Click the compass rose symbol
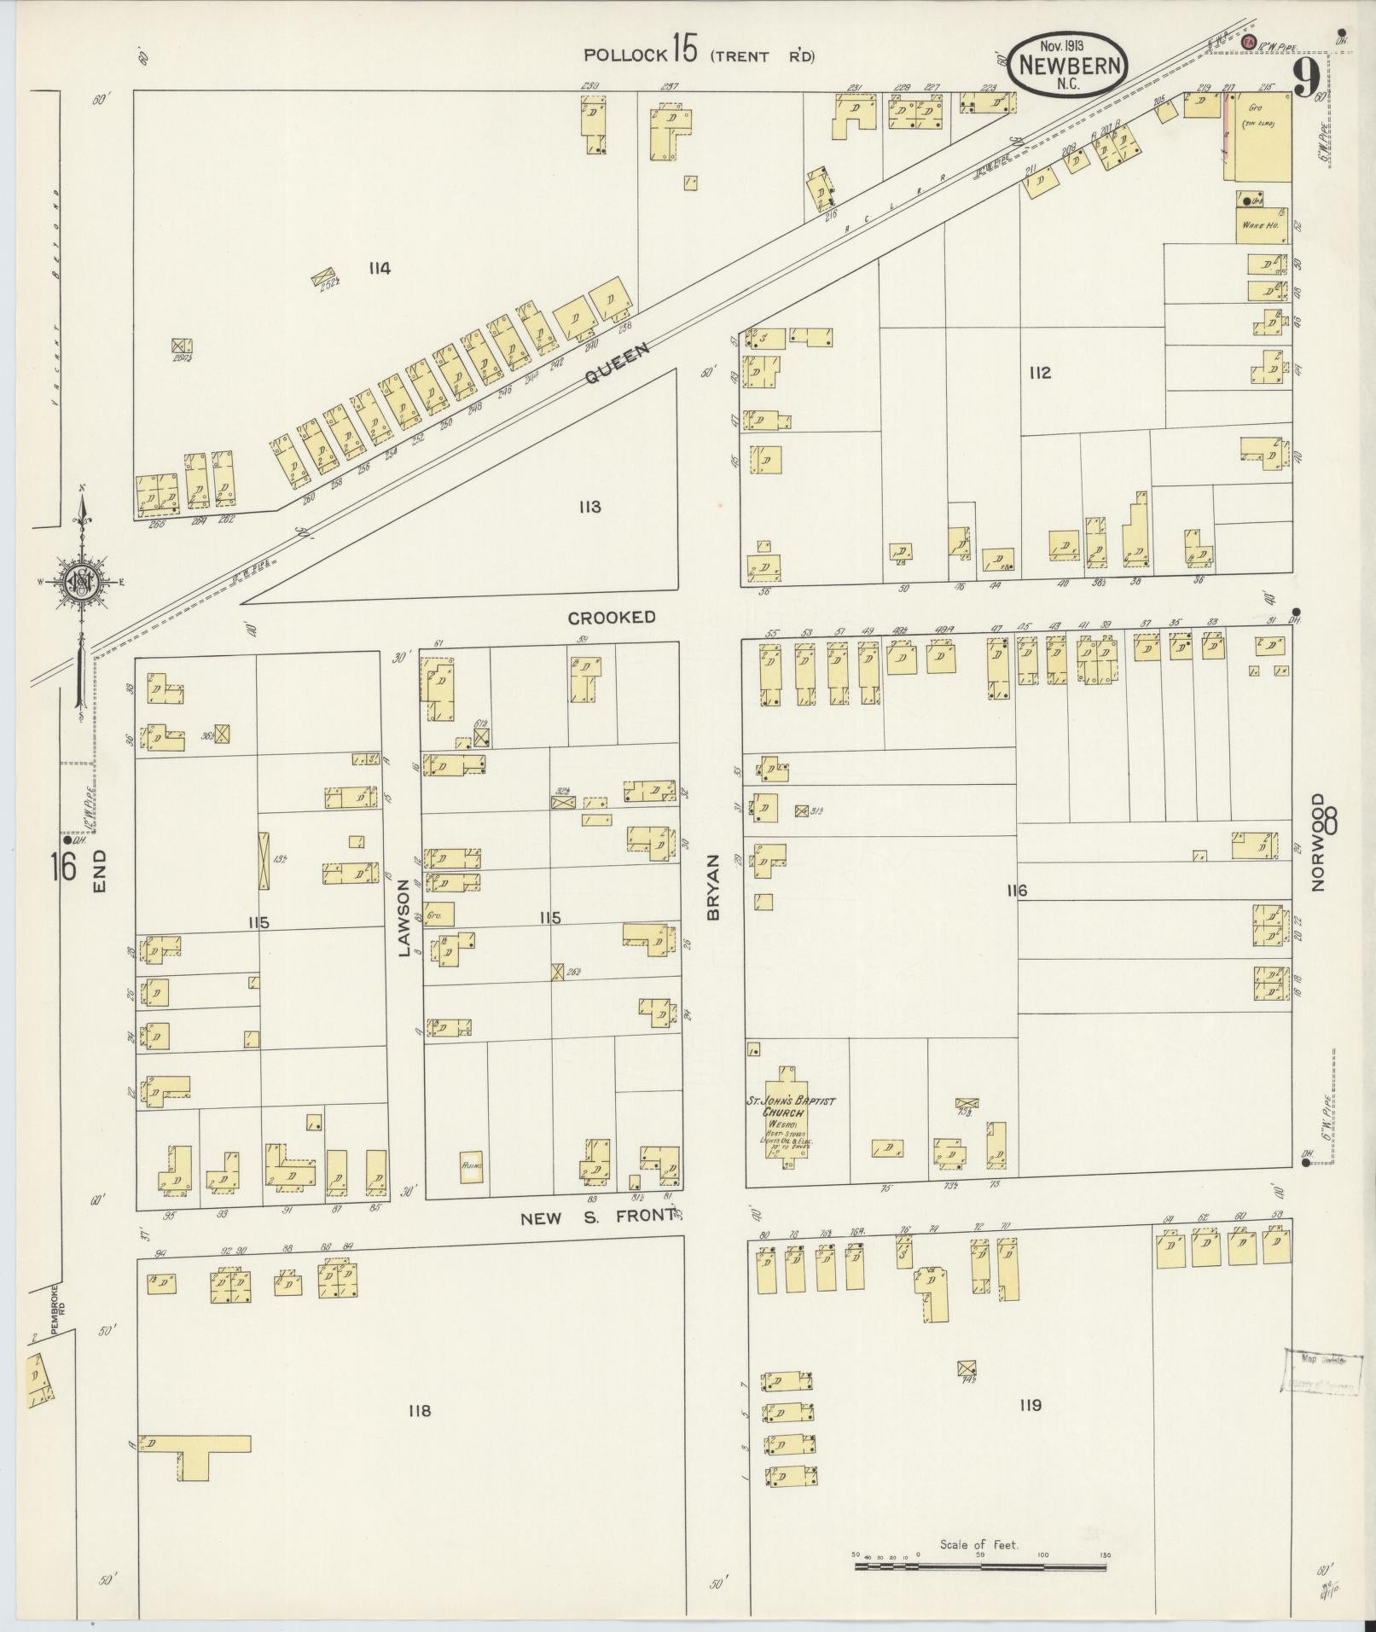[82, 583]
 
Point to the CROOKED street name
[612, 617]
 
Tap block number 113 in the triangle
[589, 507]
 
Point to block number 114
[380, 269]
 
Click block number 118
[419, 1410]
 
